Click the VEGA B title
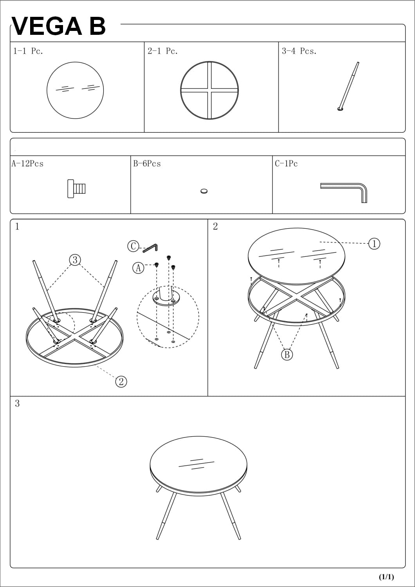[59, 26]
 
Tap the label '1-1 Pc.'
[28, 51]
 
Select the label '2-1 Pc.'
[162, 51]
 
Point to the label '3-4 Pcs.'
[299, 51]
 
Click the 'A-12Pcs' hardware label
[27, 164]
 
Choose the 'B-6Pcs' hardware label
[147, 164]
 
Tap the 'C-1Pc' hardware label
[286, 164]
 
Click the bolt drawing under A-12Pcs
[76, 189]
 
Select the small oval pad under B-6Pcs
[204, 191]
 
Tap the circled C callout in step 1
[133, 246]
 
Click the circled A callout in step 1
[138, 268]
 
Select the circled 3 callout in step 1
[75, 259]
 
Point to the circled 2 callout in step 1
[121, 381]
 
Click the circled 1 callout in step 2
[374, 243]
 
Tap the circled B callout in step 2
[287, 355]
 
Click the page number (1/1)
[386, 577]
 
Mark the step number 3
[17, 403]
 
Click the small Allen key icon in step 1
[150, 248]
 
